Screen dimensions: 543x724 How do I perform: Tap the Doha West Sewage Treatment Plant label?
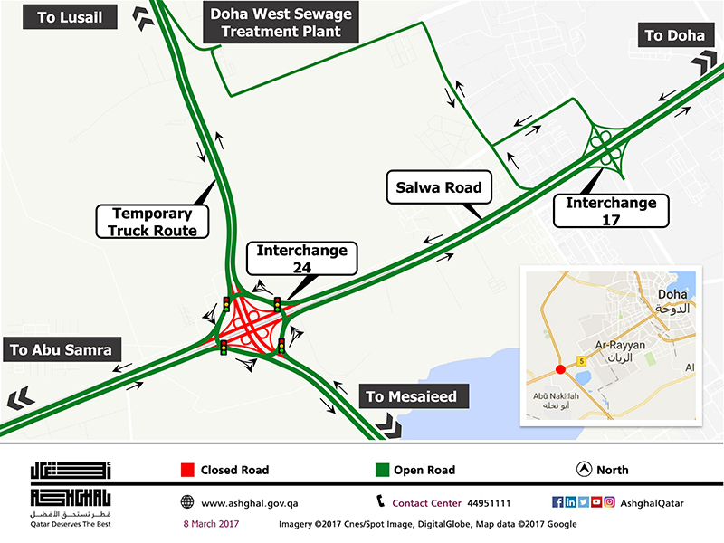click(281, 23)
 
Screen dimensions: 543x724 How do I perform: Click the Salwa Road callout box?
click(439, 189)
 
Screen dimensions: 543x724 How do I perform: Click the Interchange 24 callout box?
click(302, 258)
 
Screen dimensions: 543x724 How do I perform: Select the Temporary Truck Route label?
click(151, 222)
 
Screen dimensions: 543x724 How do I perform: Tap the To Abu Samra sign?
click(61, 349)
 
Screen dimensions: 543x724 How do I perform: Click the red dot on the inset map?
click(560, 369)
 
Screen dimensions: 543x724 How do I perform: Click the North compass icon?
click(583, 470)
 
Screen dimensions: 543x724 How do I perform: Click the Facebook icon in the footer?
click(557, 502)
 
